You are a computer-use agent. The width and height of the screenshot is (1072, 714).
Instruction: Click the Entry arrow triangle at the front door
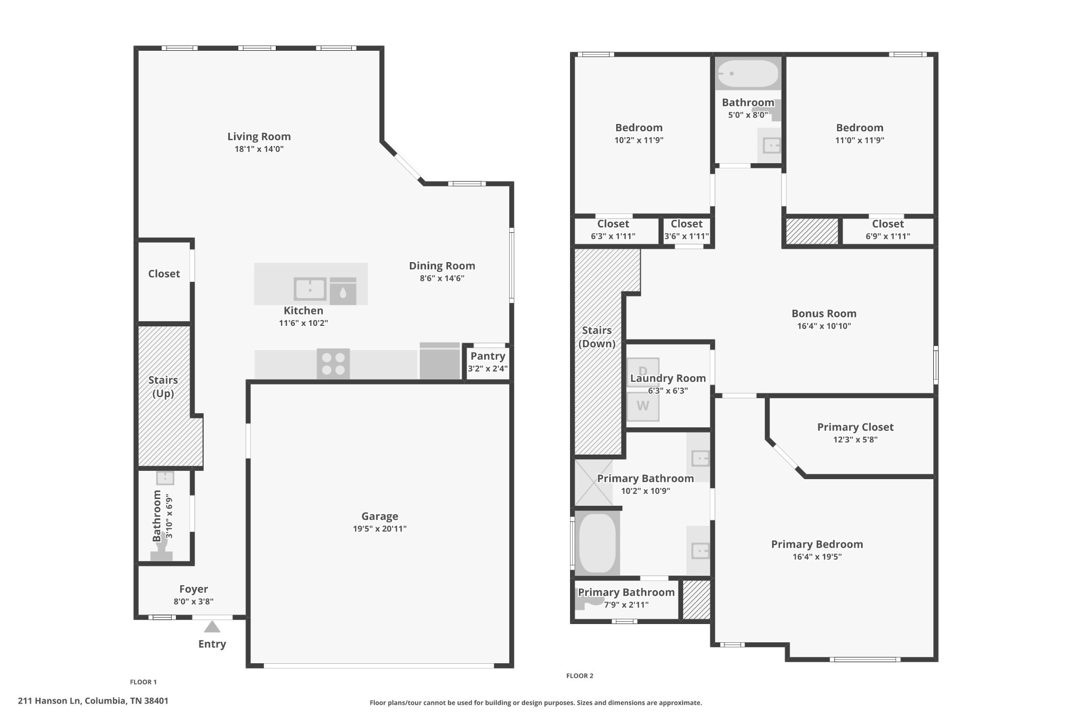(212, 626)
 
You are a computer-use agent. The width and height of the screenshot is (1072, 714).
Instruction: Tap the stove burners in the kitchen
(333, 364)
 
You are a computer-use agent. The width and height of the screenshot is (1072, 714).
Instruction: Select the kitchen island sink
(310, 289)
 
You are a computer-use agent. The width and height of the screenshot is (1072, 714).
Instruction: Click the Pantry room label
(488, 356)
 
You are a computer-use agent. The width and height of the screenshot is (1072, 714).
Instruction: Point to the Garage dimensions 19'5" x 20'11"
(379, 529)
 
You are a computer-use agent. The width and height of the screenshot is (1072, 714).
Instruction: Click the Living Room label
(259, 137)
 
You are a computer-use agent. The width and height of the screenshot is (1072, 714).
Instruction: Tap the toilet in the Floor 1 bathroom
(162, 550)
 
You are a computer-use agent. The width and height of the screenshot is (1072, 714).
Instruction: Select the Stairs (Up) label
(163, 387)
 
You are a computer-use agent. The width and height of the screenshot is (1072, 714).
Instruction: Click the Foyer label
(194, 589)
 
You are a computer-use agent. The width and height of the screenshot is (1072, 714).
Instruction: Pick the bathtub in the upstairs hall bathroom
(748, 73)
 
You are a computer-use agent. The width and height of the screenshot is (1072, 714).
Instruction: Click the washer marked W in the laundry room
(643, 406)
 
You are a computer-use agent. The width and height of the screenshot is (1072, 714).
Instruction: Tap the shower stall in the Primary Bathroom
(594, 483)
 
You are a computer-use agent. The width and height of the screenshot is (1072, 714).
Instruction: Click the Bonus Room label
(824, 313)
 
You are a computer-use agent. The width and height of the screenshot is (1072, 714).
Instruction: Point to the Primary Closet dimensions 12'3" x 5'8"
(855, 439)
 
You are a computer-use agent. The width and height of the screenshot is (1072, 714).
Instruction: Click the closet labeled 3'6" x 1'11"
(687, 230)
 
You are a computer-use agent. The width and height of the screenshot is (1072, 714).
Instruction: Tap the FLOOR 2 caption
(580, 676)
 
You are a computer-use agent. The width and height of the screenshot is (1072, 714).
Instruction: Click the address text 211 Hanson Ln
(49, 701)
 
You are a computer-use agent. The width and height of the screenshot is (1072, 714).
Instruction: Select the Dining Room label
(442, 266)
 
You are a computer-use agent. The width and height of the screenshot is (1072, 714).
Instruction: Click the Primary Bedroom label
(817, 545)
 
